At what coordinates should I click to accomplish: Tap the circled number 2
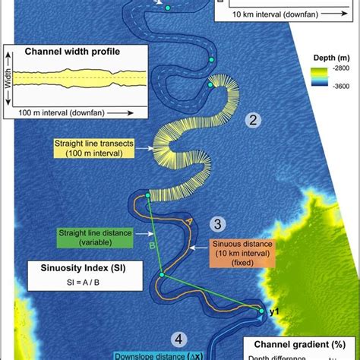pyautogui.click(x=254, y=119)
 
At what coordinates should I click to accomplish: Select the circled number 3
pyautogui.click(x=218, y=223)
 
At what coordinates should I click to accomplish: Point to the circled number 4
pyautogui.click(x=178, y=339)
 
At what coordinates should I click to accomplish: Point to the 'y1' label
pyautogui.click(x=276, y=311)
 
